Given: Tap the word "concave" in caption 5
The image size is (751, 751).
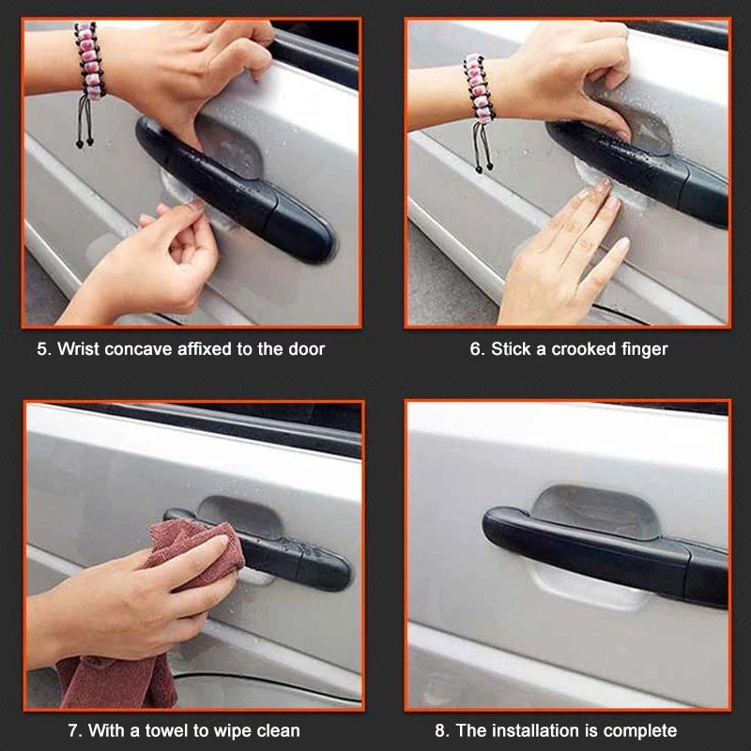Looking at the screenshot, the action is pyautogui.click(x=138, y=349).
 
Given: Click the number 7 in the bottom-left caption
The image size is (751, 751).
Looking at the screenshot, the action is pyautogui.click(x=73, y=731).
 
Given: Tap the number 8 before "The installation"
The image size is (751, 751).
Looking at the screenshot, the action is pyautogui.click(x=439, y=731).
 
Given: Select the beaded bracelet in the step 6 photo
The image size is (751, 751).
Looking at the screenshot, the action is pyautogui.click(x=479, y=87).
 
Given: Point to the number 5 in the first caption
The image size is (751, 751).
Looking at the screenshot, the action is pyautogui.click(x=42, y=349).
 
